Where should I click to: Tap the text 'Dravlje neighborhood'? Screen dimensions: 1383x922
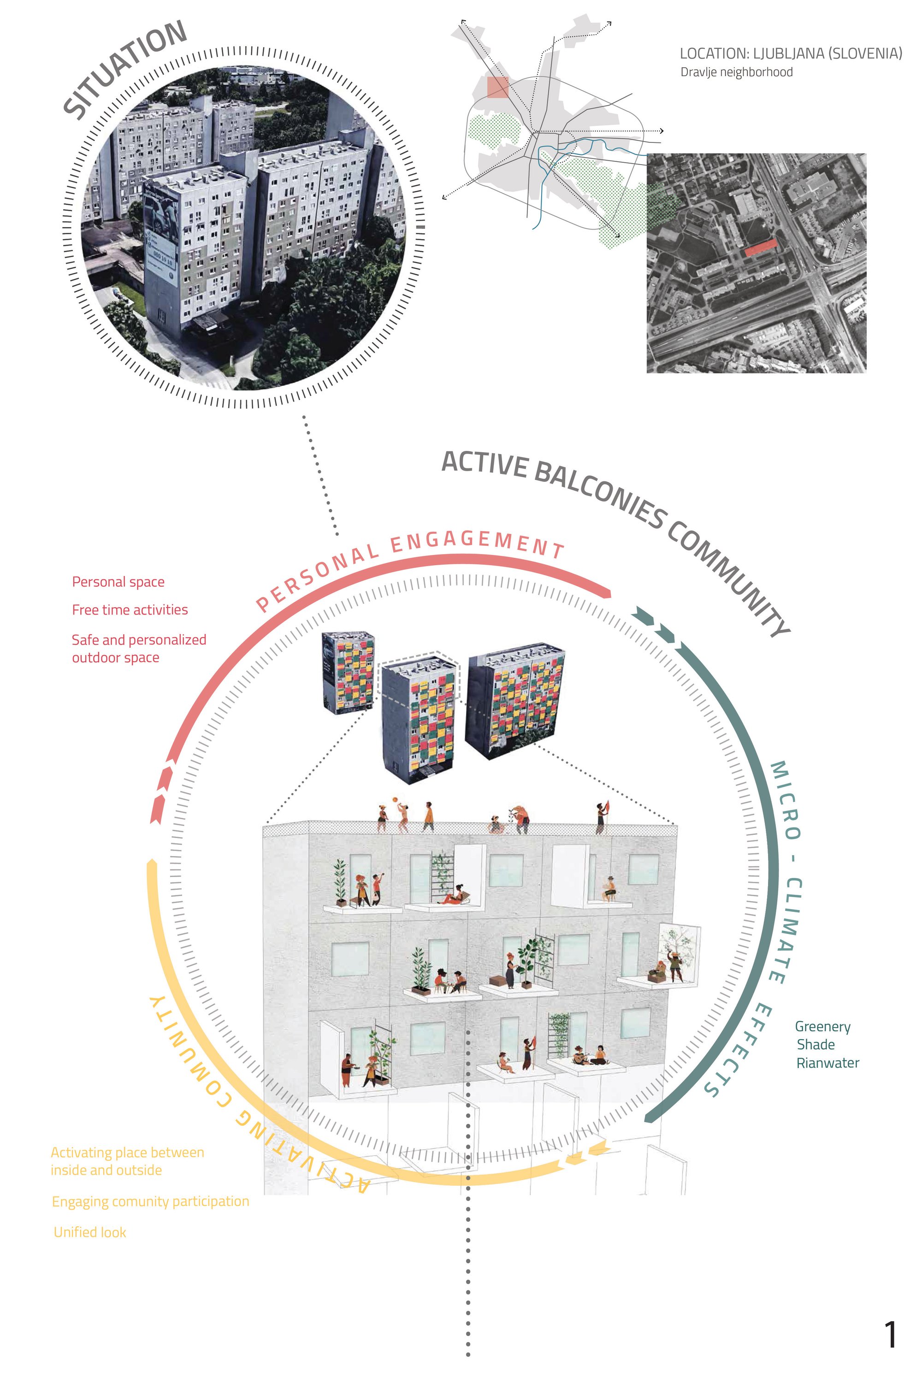coord(736,72)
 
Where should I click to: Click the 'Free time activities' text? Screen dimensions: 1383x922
coord(130,610)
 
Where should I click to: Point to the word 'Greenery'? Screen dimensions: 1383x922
coord(822,1027)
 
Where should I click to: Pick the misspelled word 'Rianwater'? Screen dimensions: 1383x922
coord(827,1063)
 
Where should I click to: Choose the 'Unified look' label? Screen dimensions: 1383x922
coord(90,1232)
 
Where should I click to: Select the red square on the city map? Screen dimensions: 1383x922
coord(497,88)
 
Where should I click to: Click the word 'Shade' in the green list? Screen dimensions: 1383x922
coord(816,1045)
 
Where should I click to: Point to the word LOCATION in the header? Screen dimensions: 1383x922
coord(713,53)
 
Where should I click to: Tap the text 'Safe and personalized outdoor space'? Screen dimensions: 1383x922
coord(139,649)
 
